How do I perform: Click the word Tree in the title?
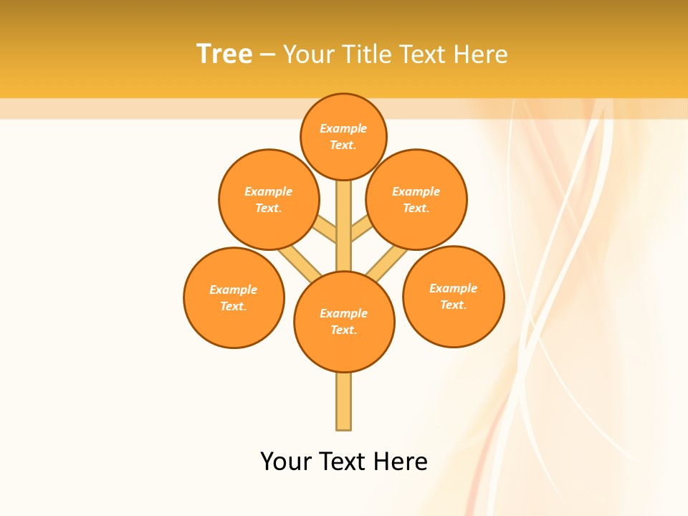[x=224, y=54]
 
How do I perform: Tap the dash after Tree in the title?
[x=267, y=55]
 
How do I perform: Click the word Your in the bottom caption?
[x=286, y=462]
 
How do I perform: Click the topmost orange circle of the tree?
[x=343, y=136]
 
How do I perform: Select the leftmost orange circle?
[x=234, y=297]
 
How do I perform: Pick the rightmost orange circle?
[x=453, y=296]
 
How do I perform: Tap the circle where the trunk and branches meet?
[x=344, y=322]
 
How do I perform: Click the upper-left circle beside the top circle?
[x=268, y=199]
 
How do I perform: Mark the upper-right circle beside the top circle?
[x=416, y=199]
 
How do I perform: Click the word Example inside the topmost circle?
[x=343, y=128]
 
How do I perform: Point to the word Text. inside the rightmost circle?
[x=453, y=305]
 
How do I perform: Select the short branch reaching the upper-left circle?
[x=327, y=230]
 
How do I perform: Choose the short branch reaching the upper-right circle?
[x=360, y=230]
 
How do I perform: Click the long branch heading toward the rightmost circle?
[x=386, y=262]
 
